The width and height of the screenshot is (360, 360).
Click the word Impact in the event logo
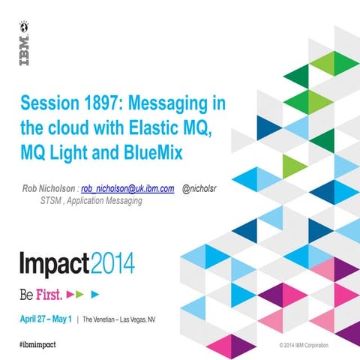(x=55, y=263)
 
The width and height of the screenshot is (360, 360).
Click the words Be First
(x=42, y=290)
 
